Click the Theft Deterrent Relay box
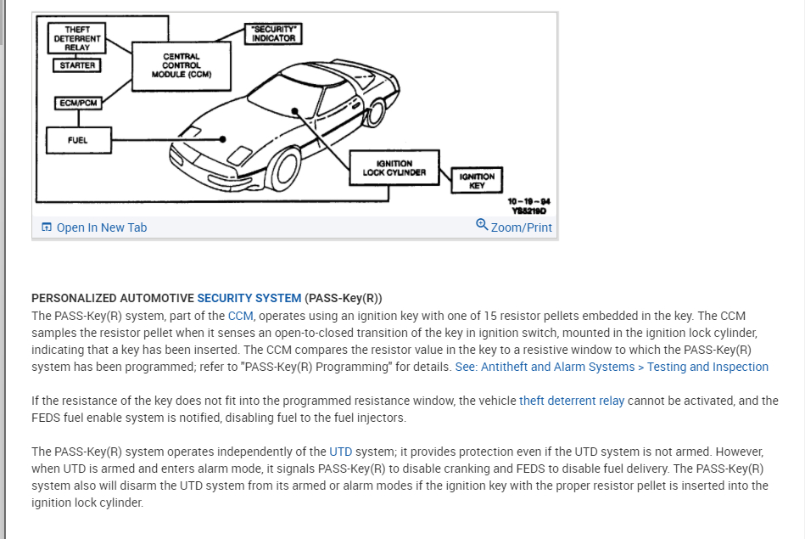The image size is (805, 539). [77, 38]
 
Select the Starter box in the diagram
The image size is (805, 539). [77, 65]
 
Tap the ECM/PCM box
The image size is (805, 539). [77, 103]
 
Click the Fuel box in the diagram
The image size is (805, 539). [77, 140]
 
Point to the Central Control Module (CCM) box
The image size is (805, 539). [182, 65]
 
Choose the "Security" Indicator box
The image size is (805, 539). [273, 34]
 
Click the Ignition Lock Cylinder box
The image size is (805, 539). [394, 167]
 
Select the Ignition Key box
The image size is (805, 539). [477, 180]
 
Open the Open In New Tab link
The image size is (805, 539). [101, 227]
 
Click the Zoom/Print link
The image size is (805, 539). [521, 227]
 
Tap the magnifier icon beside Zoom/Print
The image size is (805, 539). [482, 225]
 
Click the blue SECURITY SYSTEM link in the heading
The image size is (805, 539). [249, 298]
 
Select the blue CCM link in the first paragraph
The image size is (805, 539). [241, 316]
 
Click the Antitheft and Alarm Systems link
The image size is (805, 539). [612, 367]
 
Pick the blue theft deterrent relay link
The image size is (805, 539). [572, 401]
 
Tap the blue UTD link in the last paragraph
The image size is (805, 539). [340, 452]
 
